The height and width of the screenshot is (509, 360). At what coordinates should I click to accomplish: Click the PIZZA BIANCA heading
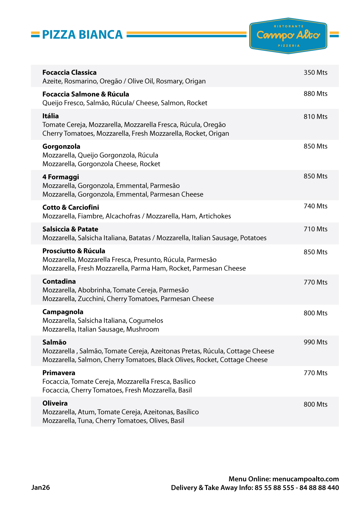coord(82,35)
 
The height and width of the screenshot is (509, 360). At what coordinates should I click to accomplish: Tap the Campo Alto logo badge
coord(288,36)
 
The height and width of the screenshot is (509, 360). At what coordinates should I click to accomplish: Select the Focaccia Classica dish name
coord(69,73)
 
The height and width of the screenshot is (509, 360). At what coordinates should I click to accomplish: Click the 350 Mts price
coord(315,73)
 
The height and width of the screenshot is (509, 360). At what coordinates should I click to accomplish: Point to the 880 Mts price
coord(315,94)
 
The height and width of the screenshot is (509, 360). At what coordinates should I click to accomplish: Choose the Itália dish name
coord(51,116)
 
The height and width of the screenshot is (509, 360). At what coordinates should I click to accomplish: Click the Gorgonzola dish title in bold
coord(61,147)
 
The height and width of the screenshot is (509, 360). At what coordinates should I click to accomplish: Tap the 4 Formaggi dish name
coord(61,177)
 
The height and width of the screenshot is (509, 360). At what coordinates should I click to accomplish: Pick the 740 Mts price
coord(315,206)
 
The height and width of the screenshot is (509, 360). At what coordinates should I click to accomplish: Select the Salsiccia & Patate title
coord(70,229)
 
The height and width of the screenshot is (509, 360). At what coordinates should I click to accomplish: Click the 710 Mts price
coord(315,229)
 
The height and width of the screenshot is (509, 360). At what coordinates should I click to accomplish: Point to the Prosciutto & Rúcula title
coord(74,251)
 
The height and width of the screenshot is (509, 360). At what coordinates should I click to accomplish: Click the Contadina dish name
coord(59,281)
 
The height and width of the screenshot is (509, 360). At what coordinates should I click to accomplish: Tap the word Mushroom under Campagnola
coord(142,329)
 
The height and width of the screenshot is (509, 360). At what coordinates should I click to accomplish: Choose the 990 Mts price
coord(315,342)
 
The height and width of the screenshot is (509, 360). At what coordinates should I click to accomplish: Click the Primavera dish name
coord(59,373)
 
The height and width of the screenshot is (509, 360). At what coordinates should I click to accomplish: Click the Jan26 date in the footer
coord(41,488)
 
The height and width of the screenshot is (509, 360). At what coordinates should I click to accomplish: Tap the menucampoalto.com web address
coord(305,479)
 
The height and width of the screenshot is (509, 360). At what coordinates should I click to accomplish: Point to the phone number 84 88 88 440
coord(319,488)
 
